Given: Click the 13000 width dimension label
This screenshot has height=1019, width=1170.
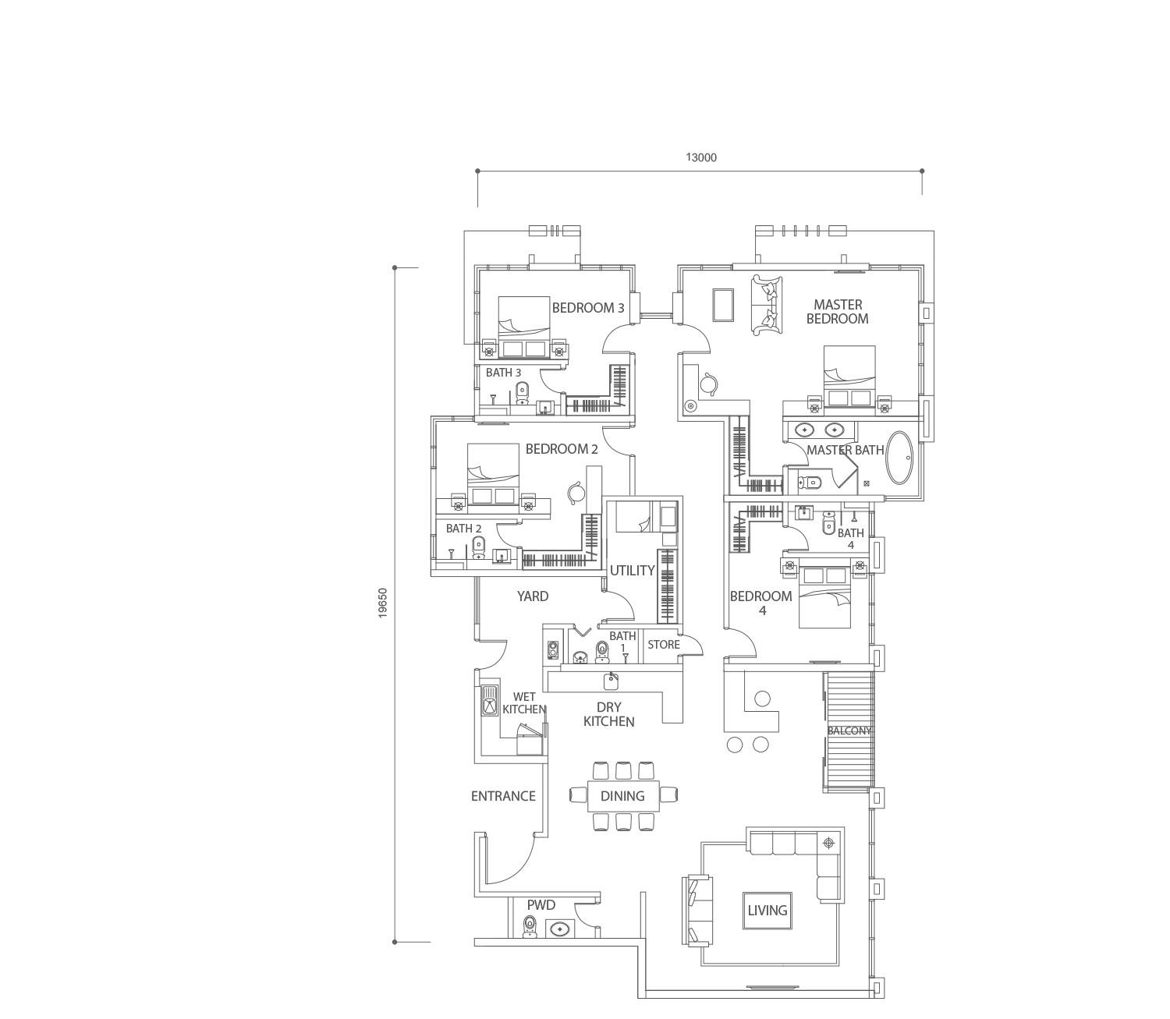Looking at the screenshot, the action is [x=701, y=157].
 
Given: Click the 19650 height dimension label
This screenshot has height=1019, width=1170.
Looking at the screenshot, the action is [x=383, y=603].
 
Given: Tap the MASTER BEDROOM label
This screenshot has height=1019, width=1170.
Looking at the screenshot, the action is [x=838, y=312].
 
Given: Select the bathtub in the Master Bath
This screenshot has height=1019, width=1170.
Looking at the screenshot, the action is [x=900, y=459].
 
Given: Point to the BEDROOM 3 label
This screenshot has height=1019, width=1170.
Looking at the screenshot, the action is [x=588, y=308].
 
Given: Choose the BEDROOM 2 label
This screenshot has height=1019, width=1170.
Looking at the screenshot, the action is [x=562, y=449].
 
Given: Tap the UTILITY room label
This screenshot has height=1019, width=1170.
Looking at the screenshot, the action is [x=632, y=571].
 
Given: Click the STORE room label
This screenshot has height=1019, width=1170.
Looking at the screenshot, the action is [x=663, y=645].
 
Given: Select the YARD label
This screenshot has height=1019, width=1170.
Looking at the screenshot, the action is [x=533, y=596].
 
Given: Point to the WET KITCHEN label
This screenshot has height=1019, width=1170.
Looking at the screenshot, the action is [x=524, y=703].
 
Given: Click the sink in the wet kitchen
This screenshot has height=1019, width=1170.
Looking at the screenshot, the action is [x=490, y=701].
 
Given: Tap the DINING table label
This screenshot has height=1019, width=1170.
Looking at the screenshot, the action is [x=622, y=795].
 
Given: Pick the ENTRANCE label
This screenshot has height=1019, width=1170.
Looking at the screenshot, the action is [x=503, y=796].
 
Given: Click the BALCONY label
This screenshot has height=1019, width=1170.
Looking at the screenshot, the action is [x=849, y=731].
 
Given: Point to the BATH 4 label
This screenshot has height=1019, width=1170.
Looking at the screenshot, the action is [x=850, y=539].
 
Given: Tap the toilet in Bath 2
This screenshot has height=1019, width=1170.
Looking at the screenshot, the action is [x=479, y=548].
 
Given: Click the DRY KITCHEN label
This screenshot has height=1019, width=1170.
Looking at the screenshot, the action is [x=608, y=714].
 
